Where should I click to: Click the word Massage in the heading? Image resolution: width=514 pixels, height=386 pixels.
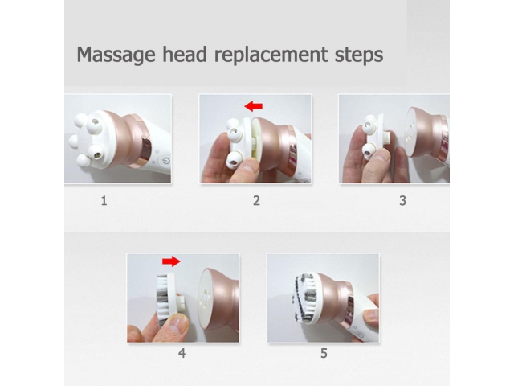click(116, 55)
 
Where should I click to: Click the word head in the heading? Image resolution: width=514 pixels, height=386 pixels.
click(185, 54)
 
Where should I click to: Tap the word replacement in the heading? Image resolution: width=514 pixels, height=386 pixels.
click(271, 55)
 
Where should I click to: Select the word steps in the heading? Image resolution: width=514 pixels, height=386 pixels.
click(359, 55)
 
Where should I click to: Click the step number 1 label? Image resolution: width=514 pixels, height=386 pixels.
click(104, 200)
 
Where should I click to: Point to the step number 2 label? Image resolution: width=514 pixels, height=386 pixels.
click(256, 200)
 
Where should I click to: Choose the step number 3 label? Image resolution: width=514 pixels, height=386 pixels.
click(403, 200)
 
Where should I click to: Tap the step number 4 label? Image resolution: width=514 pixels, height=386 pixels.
click(182, 353)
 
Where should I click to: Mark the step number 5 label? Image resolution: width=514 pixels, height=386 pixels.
click(324, 353)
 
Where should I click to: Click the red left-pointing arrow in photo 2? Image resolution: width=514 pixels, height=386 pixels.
click(254, 106)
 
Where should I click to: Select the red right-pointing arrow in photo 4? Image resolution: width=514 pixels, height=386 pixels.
click(171, 261)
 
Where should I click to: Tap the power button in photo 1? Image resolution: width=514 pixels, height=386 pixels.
click(166, 162)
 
